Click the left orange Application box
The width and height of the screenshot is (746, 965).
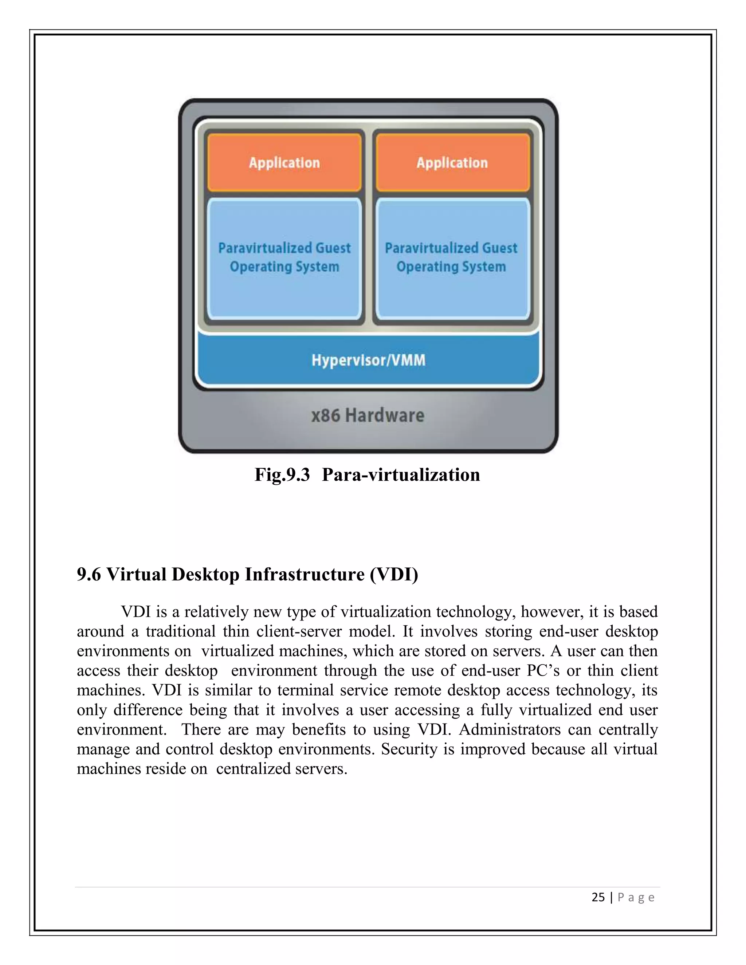click(284, 163)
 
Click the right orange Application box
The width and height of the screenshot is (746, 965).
click(452, 163)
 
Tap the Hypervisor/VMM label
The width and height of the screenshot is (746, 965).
click(368, 360)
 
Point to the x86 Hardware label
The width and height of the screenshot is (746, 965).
click(368, 416)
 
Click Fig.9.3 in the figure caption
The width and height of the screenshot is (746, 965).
click(282, 475)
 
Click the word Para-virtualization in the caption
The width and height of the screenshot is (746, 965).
click(400, 475)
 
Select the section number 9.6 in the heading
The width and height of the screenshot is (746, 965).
click(89, 574)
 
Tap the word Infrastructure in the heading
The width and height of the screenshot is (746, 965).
click(305, 574)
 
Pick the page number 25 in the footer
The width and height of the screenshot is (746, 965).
click(598, 897)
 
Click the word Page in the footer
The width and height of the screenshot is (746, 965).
click(636, 897)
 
